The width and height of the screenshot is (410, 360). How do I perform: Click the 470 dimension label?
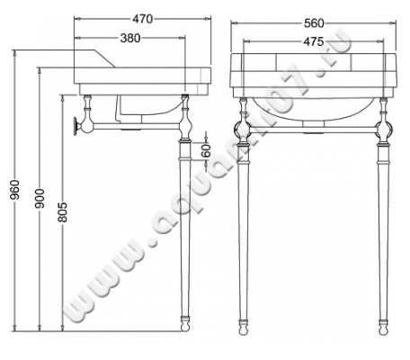pos(141,17)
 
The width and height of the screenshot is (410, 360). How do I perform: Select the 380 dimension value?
pos(132,38)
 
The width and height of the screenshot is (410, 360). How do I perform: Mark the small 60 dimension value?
pos(206,150)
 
